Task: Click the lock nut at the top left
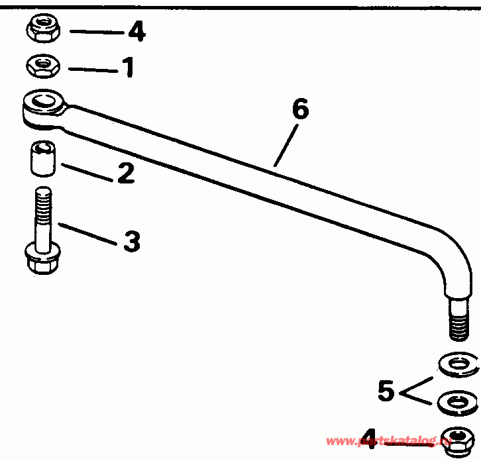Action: click(x=42, y=28)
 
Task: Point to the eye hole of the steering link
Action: click(x=43, y=102)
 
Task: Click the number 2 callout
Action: click(x=125, y=173)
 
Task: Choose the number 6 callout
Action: click(x=300, y=110)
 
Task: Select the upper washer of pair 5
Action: click(x=458, y=364)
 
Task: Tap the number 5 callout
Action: click(x=386, y=391)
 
